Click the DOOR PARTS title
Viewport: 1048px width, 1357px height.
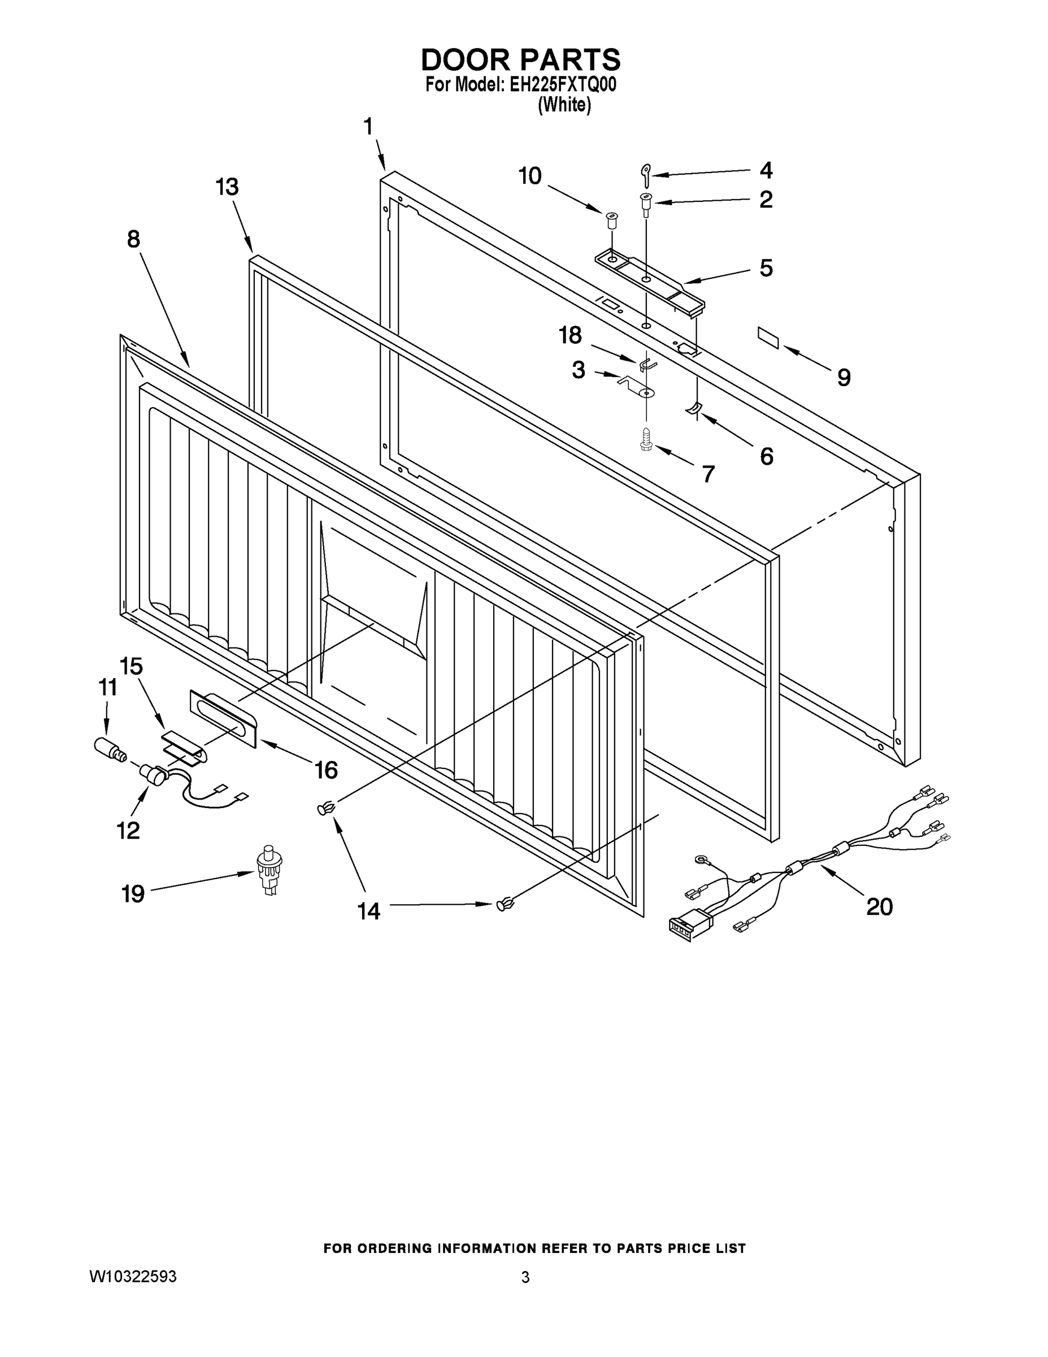[520, 59]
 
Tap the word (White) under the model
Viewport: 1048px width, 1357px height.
[564, 105]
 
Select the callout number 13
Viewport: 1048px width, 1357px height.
[227, 187]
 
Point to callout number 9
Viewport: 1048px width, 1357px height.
[843, 377]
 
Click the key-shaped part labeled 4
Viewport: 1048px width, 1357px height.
[646, 175]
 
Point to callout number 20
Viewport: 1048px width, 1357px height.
[879, 906]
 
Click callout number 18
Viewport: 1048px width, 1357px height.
[570, 335]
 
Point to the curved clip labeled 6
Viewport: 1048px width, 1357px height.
[693, 408]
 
